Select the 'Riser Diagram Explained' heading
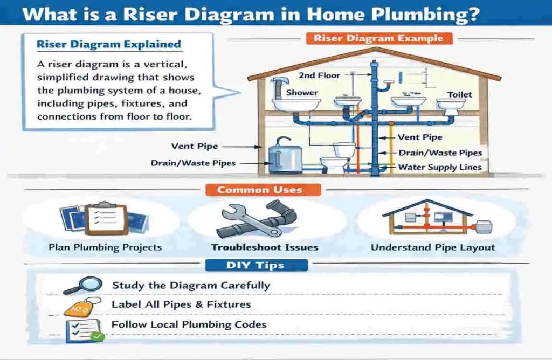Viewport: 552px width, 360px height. (108, 45)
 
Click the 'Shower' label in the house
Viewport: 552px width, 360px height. (302, 92)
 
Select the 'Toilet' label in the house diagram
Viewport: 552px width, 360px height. (459, 94)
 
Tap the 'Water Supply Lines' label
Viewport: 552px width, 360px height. (439, 167)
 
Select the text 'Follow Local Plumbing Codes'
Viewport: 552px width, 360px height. (189, 324)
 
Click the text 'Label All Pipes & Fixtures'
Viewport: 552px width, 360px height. (181, 304)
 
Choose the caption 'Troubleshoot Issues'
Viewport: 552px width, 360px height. (264, 247)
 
